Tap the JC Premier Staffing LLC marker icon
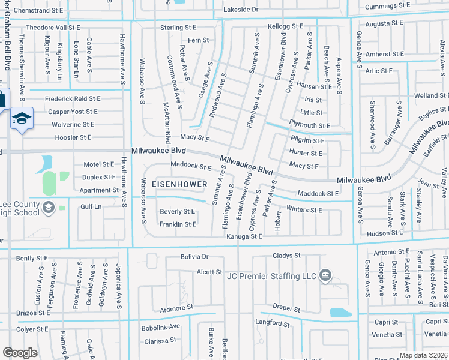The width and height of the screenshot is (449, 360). pyautogui.click(x=325, y=276)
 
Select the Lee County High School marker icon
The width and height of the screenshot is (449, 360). pyautogui.click(x=49, y=208)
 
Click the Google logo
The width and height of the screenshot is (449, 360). pyautogui.click(x=20, y=353)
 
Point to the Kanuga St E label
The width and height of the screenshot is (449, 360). pyautogui.click(x=245, y=237)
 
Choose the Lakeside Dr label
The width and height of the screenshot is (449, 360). pyautogui.click(x=240, y=10)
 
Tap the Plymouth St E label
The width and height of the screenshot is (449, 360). pyautogui.click(x=310, y=125)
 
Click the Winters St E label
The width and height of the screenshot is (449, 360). pyautogui.click(x=304, y=210)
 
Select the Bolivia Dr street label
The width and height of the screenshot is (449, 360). pyautogui.click(x=194, y=256)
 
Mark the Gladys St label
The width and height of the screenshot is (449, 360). pyautogui.click(x=287, y=256)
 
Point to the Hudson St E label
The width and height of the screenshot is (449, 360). pyautogui.click(x=385, y=232)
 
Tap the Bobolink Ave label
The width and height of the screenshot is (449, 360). pyautogui.click(x=161, y=327)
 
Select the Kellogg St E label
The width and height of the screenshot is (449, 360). pyautogui.click(x=286, y=27)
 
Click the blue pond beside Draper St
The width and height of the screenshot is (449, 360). pyautogui.click(x=341, y=313)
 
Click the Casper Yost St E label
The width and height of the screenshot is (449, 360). pyautogui.click(x=73, y=112)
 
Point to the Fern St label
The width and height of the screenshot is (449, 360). pyautogui.click(x=199, y=40)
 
